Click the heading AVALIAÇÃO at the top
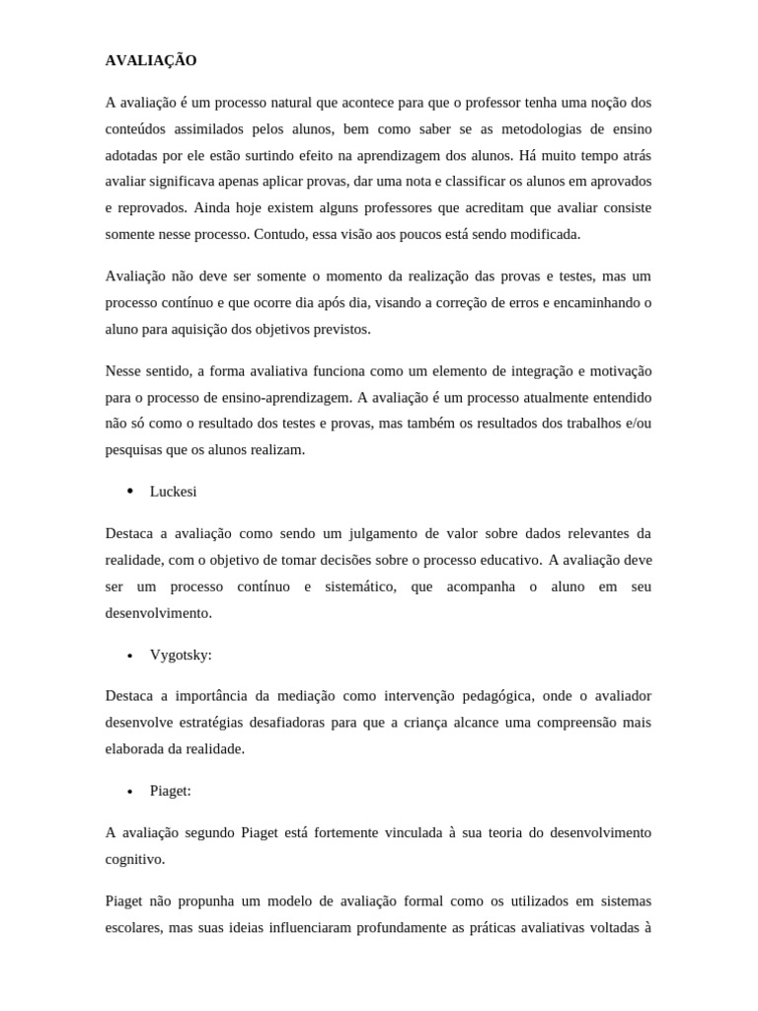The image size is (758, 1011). tap(151, 60)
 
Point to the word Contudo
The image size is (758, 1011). tap(280, 235)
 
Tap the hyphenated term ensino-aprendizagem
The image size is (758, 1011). tap(280, 397)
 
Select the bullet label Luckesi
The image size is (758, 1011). tap(174, 491)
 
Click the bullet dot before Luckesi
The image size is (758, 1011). tap(129, 491)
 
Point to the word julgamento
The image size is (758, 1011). tap(380, 534)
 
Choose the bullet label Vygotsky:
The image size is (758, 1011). tap(181, 655)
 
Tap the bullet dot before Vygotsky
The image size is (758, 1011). tap(129, 656)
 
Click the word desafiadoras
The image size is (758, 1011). tap(284, 723)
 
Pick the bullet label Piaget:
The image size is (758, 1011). tap(170, 791)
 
